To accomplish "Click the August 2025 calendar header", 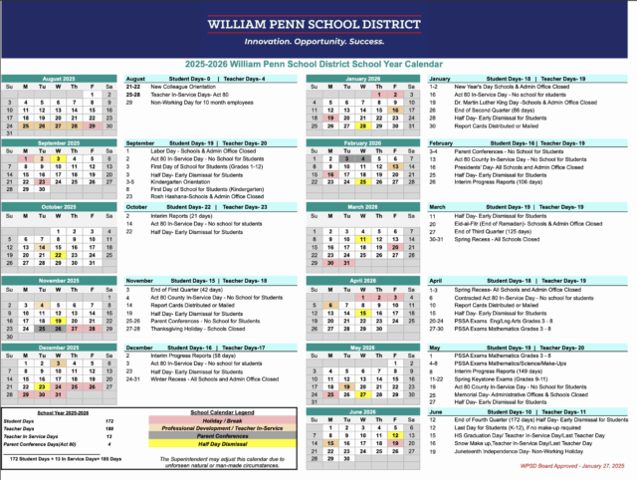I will click(62, 77).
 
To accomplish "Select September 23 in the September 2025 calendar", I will click(41, 182).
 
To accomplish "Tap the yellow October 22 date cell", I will click(60, 254).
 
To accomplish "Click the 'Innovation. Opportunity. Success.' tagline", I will click(318, 42).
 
